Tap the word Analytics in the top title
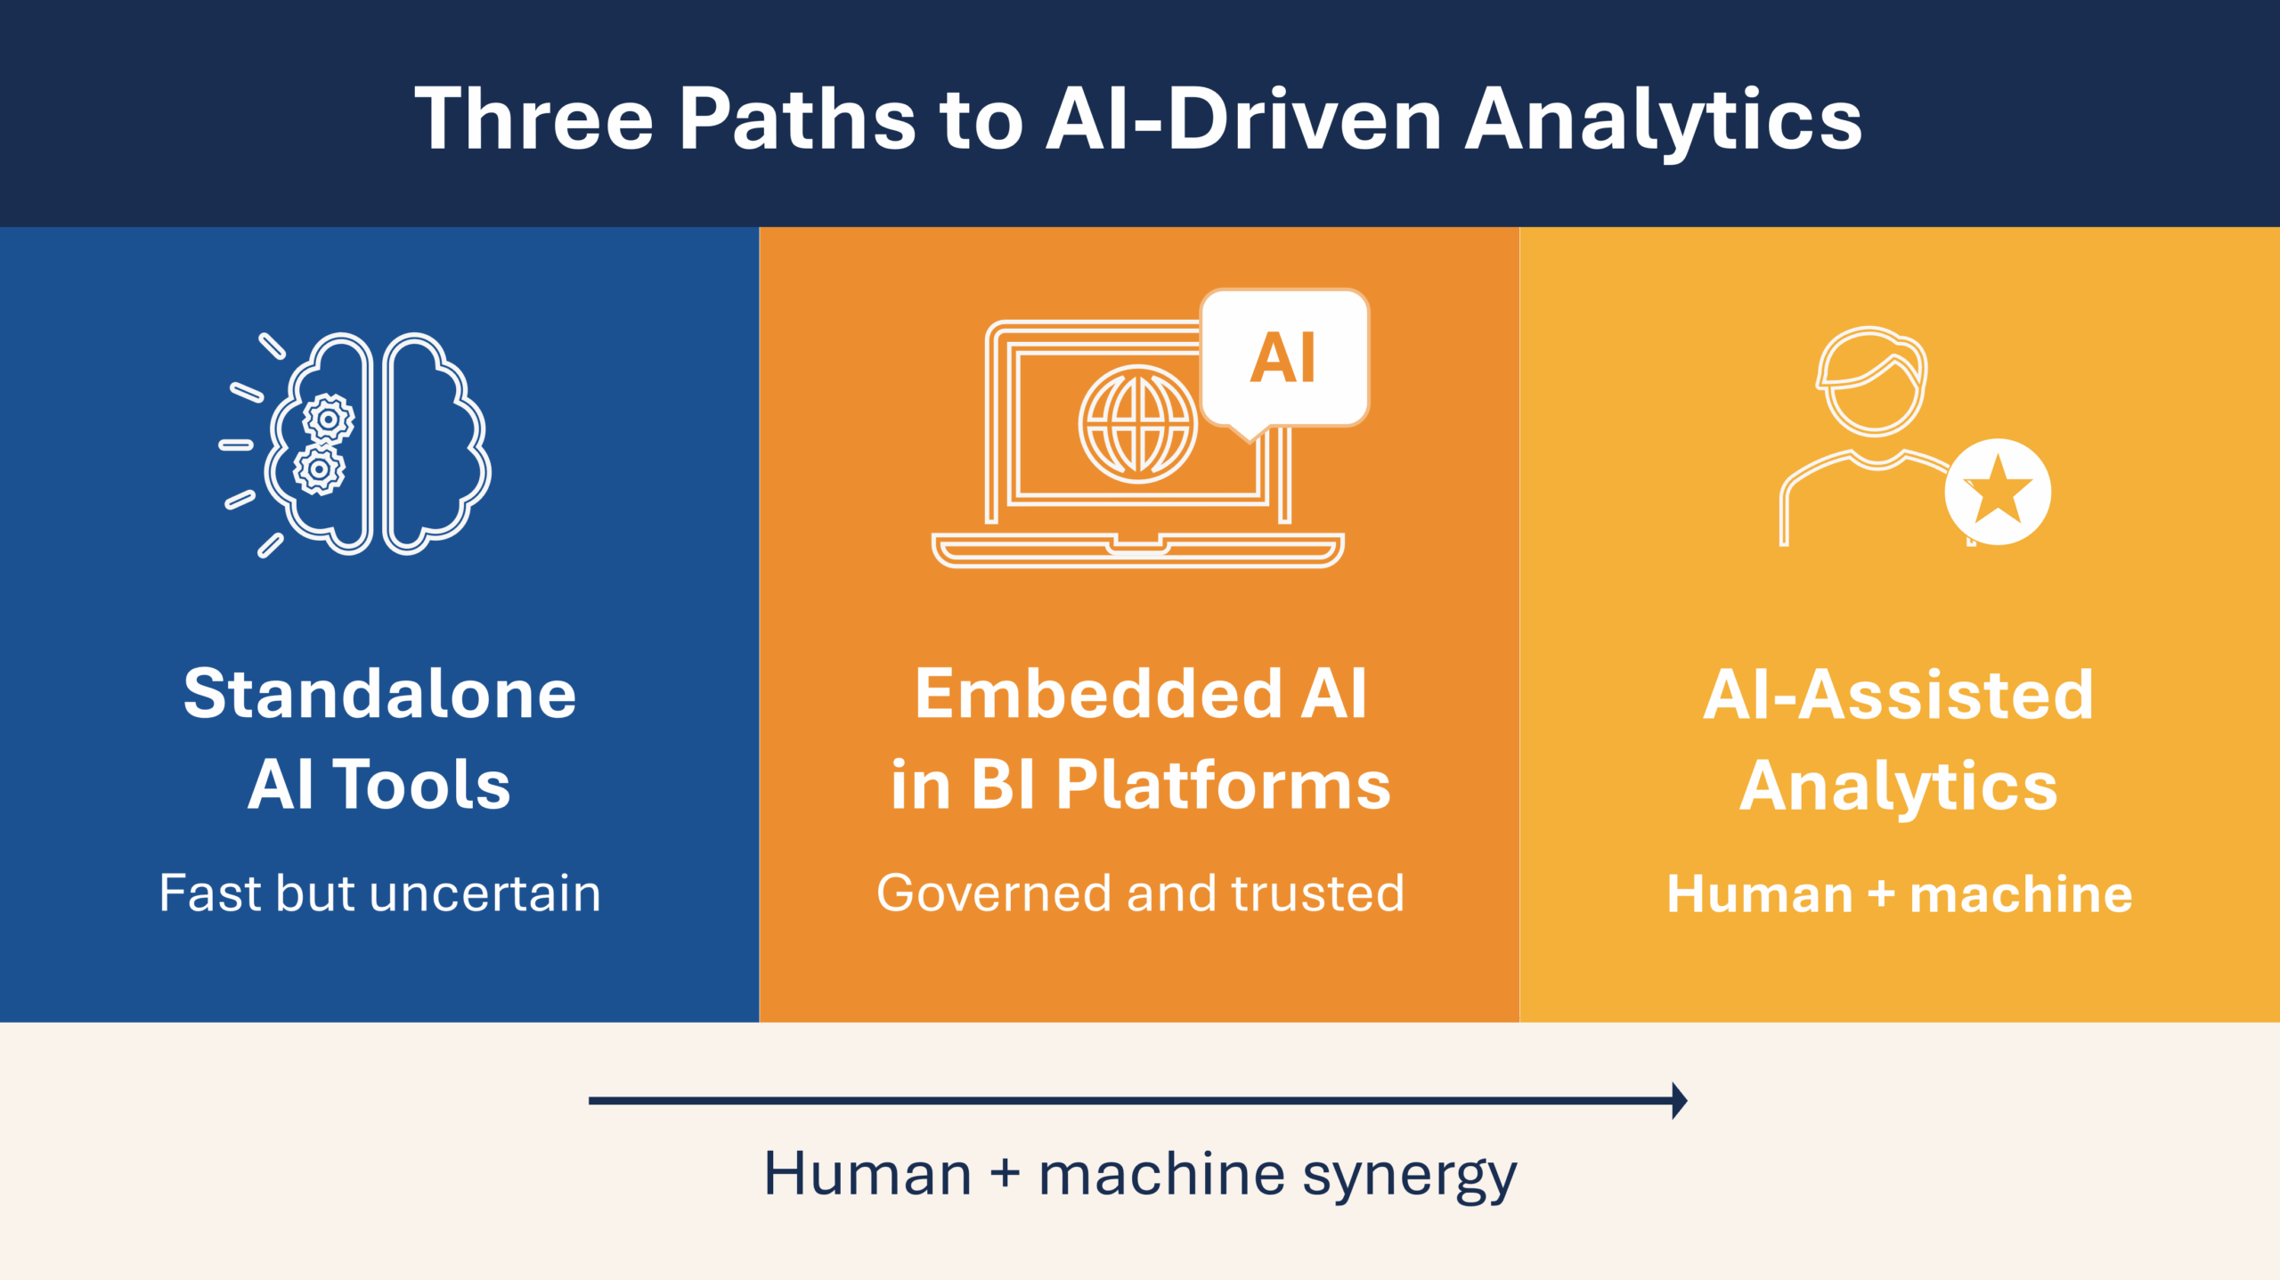coord(1664,119)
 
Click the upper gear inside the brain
coord(328,419)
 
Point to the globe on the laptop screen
coord(1137,424)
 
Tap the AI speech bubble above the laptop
coord(1283,358)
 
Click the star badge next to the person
coord(1998,491)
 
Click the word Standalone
coord(379,694)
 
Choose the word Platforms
coord(1223,785)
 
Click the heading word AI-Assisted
coord(1898,694)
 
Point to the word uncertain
coord(485,893)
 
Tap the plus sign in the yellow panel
coord(1880,893)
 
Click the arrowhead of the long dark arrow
coord(1678,1100)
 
